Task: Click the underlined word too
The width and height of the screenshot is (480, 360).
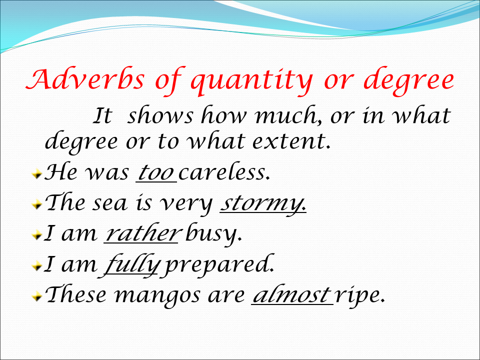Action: click(155, 173)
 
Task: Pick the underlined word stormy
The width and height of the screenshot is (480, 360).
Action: click(262, 204)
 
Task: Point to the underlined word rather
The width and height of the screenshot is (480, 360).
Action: click(141, 234)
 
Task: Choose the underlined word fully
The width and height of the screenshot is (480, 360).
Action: click(131, 265)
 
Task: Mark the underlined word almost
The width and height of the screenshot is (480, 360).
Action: click(291, 295)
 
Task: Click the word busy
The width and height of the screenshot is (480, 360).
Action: click(213, 235)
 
